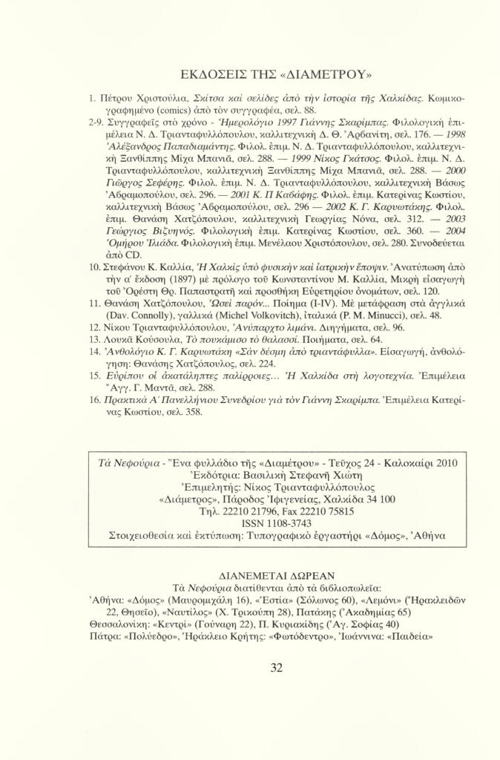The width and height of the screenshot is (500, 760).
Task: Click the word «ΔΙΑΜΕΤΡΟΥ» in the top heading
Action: (323, 73)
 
